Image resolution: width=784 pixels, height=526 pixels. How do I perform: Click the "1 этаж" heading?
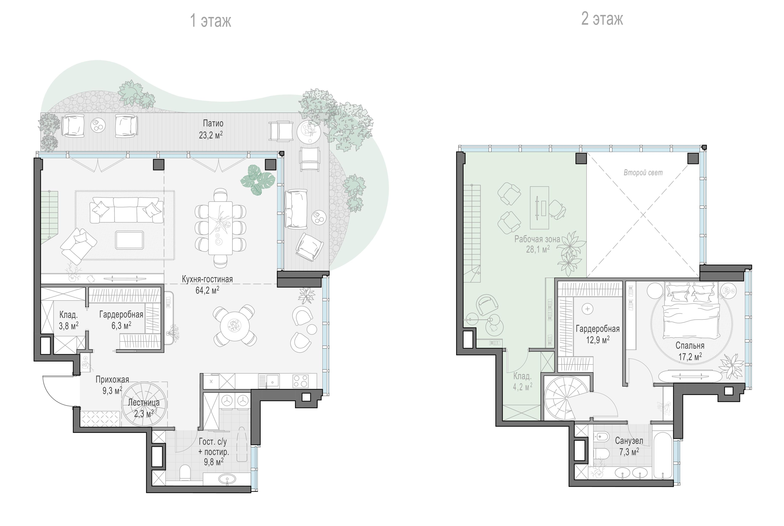(211, 21)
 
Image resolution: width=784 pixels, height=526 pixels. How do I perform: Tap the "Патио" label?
(213, 124)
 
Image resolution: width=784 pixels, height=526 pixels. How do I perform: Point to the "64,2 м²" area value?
(207, 290)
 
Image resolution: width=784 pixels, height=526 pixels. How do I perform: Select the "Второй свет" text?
(643, 173)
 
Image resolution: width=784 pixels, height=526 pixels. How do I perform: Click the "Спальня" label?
(690, 345)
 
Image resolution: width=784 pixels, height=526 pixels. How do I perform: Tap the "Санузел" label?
(629, 441)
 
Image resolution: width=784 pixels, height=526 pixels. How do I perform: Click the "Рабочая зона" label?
(537, 239)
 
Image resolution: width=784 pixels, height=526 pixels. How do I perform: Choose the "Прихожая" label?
(112, 380)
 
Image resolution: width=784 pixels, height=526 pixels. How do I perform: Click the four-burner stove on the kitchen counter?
(301, 381)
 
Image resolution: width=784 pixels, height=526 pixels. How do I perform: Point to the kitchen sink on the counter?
(273, 381)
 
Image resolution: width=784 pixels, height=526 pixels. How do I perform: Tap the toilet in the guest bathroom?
(185, 474)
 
